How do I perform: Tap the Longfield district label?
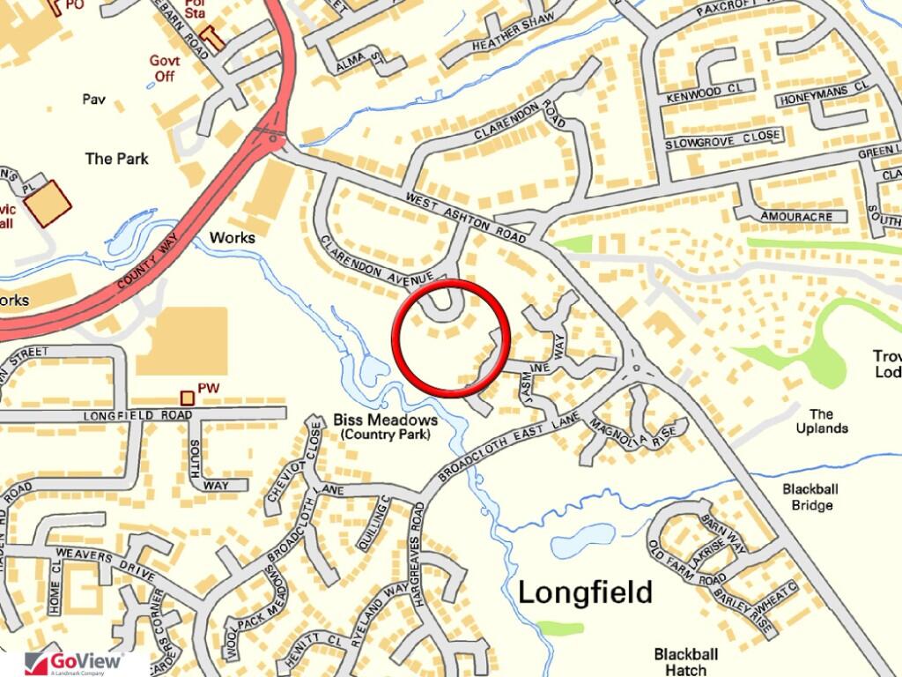point(585,592)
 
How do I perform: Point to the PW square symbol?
point(187,398)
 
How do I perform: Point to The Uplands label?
point(821,421)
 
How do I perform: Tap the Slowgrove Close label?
point(723,139)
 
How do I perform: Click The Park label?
point(116,159)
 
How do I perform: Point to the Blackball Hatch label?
point(686,661)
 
